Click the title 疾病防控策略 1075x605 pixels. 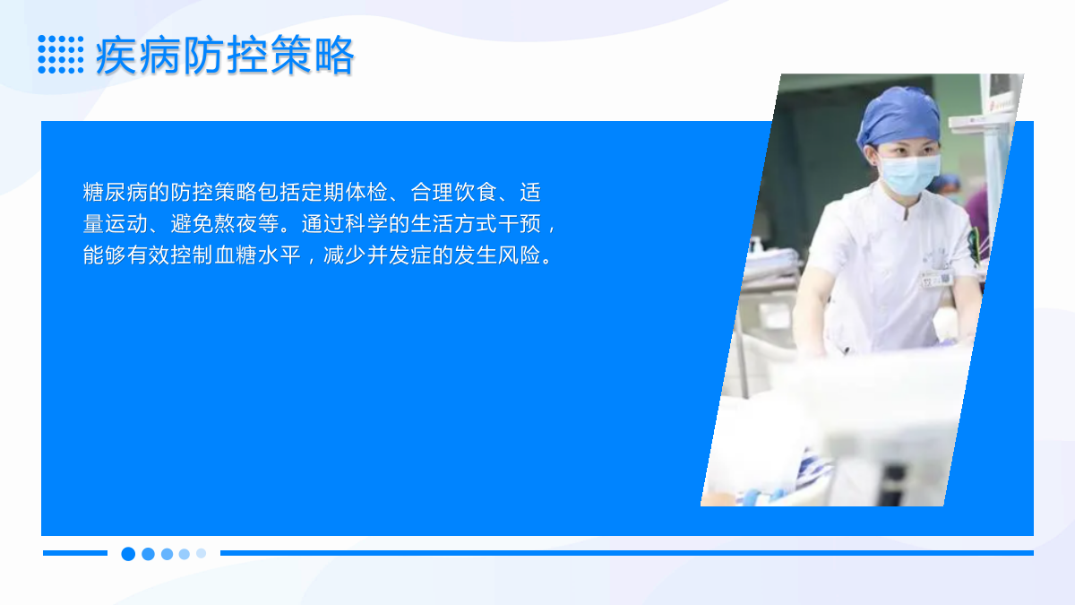pyautogui.click(x=225, y=56)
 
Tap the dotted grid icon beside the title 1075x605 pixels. pyautogui.click(x=61, y=55)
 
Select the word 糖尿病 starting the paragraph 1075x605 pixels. pyautogui.click(x=116, y=192)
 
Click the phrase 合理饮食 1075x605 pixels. pyautogui.click(x=454, y=192)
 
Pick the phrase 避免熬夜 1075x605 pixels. pyautogui.click(x=214, y=224)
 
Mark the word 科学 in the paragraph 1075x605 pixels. pyautogui.click(x=366, y=224)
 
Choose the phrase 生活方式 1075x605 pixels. pyautogui.click(x=454, y=224)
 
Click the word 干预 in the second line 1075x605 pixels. pyautogui.click(x=520, y=224)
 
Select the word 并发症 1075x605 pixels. pyautogui.click(x=400, y=255)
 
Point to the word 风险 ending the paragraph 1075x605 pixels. pyautogui.click(x=520, y=255)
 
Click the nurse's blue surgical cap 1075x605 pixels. pyautogui.click(x=899, y=117)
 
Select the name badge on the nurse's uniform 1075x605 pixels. pyautogui.click(x=937, y=279)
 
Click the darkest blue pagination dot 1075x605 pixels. pyautogui.click(x=128, y=554)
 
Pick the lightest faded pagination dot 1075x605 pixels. pyautogui.click(x=201, y=553)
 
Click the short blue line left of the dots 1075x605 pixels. pyautogui.click(x=75, y=553)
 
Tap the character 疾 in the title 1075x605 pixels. pyautogui.click(x=116, y=56)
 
